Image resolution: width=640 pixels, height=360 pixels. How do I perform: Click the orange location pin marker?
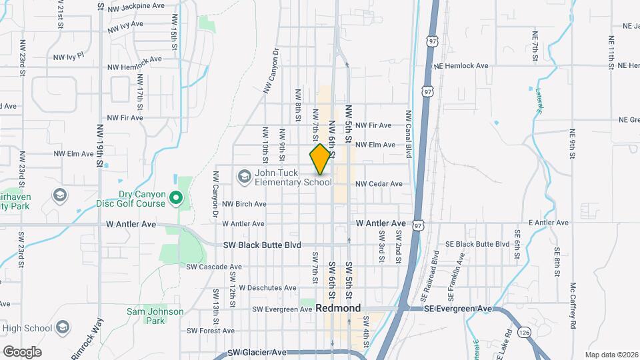click(x=320, y=159)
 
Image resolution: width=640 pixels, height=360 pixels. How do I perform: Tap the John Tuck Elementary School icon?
click(x=244, y=176)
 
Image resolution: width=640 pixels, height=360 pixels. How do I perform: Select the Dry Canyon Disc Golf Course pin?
click(x=176, y=197)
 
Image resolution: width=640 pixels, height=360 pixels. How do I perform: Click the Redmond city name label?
click(x=338, y=309)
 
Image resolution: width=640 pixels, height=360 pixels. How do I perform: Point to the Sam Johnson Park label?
click(x=155, y=316)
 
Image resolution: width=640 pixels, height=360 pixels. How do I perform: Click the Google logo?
click(x=22, y=351)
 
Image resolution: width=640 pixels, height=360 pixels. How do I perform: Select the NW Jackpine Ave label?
click(x=136, y=5)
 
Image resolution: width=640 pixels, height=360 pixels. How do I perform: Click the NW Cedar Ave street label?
click(x=379, y=183)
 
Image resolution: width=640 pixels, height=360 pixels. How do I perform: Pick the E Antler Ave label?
click(x=548, y=222)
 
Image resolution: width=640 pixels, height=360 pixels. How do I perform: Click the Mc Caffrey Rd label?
click(x=573, y=306)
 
